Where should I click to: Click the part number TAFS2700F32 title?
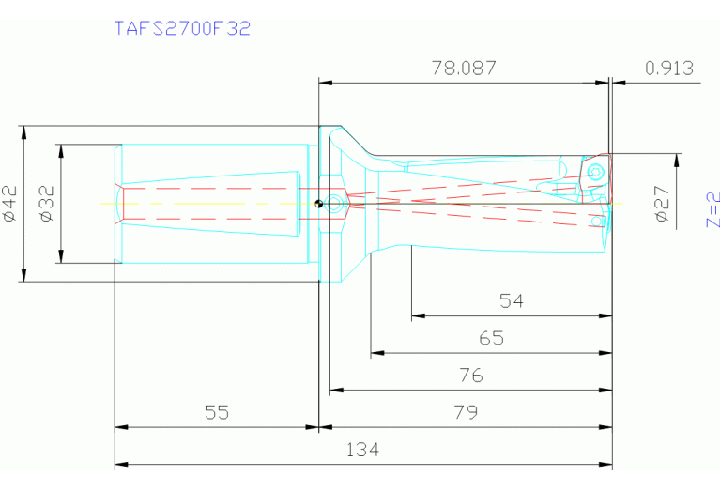pos(181,28)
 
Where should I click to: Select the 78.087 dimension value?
pos(463,69)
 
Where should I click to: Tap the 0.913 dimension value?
pos(669,69)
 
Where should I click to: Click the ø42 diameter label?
pos(10,203)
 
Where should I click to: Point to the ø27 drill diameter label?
pos(662,203)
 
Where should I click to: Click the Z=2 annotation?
pos(712,210)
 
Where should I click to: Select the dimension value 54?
pos(511,301)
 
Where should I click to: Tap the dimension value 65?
pos(491,338)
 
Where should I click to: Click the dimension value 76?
pos(470,375)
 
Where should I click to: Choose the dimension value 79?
pos(465,411)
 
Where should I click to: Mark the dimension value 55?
pos(216,411)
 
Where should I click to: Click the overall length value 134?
pos(362,450)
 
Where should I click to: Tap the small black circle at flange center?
pos(320,203)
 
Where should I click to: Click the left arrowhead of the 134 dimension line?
pos(119,465)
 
